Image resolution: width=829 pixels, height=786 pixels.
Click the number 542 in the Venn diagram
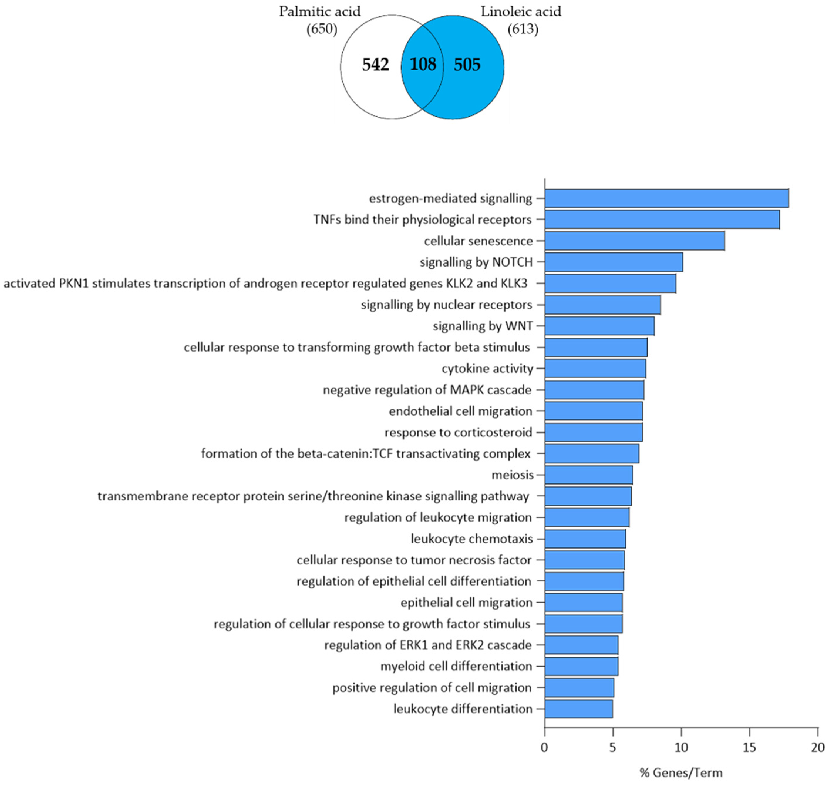coord(375,65)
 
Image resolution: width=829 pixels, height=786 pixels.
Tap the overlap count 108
coord(423,65)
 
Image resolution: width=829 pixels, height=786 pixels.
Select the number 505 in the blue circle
coord(467,65)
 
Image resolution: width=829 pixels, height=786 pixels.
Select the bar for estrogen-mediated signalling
coord(666,198)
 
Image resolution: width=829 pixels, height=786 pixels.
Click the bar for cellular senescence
coord(635,241)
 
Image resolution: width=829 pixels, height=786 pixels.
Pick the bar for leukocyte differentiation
coord(578,709)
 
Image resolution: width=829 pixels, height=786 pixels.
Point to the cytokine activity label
coord(487,369)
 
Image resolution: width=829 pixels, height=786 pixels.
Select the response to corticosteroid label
coord(458,432)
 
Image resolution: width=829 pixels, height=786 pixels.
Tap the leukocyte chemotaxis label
coord(471,539)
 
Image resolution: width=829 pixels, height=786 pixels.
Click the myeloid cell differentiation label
coord(456,666)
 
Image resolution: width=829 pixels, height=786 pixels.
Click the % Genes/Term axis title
coord(681,772)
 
